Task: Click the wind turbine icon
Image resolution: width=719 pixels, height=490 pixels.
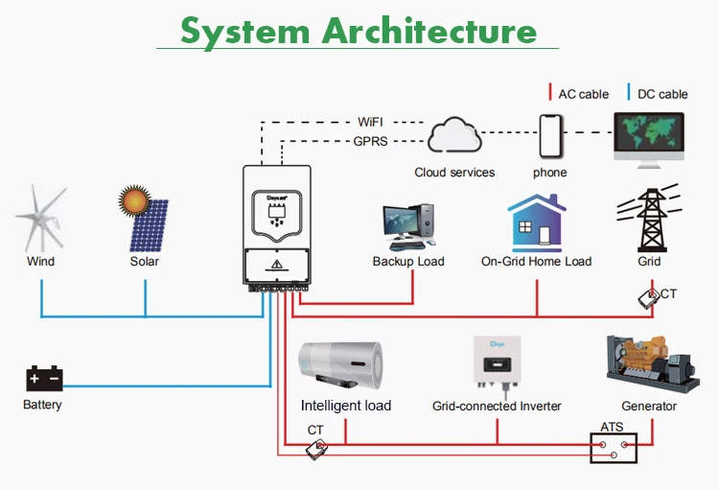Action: click(x=39, y=220)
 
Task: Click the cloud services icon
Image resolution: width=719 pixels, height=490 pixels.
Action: click(x=455, y=136)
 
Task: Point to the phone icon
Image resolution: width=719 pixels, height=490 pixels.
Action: click(x=550, y=137)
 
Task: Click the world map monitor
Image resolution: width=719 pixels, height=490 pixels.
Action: click(x=649, y=139)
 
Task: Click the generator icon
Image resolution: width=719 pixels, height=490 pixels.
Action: click(x=648, y=362)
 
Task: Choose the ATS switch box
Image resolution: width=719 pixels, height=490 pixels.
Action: click(x=614, y=447)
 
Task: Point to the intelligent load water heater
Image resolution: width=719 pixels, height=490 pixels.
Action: click(x=345, y=364)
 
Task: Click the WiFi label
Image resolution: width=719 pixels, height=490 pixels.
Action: click(x=371, y=123)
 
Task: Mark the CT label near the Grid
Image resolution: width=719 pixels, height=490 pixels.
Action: click(x=668, y=293)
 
